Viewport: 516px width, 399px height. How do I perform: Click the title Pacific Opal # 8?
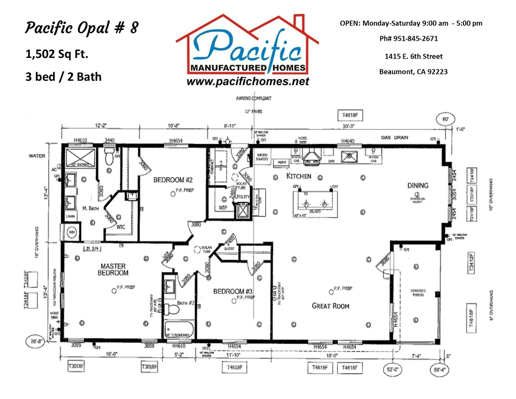point(81,28)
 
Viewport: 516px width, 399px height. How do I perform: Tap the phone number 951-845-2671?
point(408,39)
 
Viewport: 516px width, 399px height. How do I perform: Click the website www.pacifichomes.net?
point(248,82)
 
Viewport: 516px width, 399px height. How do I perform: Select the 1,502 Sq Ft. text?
point(57,54)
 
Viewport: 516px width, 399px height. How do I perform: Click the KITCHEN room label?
point(298,176)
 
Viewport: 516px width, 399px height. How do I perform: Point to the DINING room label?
point(418,185)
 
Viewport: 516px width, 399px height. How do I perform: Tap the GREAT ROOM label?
point(330,305)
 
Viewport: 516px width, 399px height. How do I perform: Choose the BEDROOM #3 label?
point(233,291)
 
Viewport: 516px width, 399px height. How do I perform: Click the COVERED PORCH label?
point(418,293)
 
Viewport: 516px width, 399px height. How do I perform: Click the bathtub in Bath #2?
point(179,330)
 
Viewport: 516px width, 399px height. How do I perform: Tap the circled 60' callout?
point(445,120)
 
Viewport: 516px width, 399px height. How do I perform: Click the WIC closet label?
point(121,227)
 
